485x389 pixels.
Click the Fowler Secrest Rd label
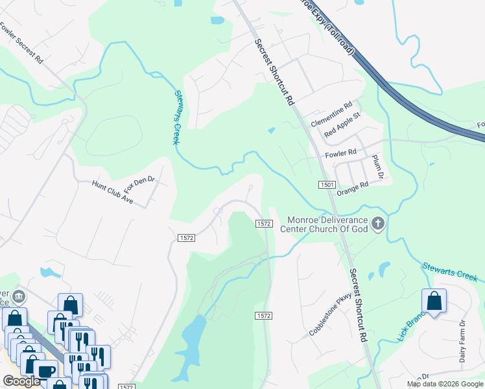21,43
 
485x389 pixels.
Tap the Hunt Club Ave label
112,193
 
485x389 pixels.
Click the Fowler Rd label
341,154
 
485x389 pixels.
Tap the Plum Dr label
378,167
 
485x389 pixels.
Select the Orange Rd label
353,185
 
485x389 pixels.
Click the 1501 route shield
327,185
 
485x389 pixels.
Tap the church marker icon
378,224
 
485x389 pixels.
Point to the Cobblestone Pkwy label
330,314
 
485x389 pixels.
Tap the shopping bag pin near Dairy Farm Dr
434,301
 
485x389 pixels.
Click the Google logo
21,381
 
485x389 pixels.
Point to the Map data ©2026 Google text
445,384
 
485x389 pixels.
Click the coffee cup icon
45,370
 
